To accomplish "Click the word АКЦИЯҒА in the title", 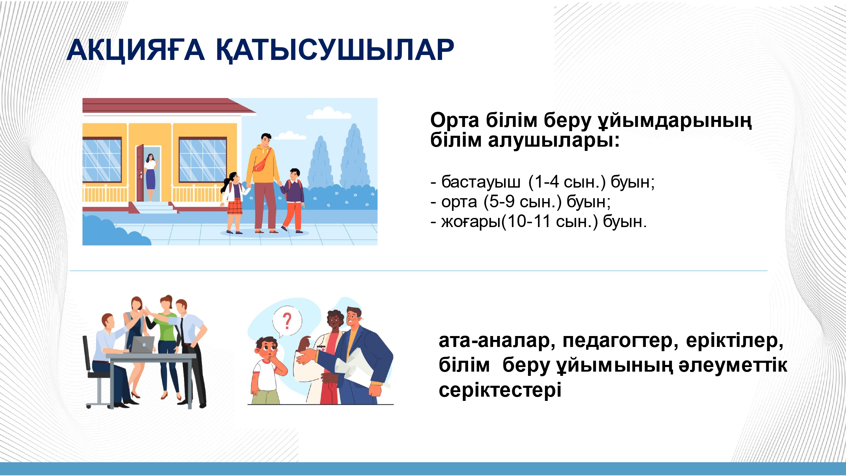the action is click(x=136, y=50).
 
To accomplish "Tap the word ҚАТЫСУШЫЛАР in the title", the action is click(x=335, y=50).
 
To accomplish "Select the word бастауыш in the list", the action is click(x=481, y=182).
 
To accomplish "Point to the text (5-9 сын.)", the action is click(x=522, y=202).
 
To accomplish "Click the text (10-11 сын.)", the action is click(x=550, y=222).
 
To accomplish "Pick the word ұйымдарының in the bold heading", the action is click(x=675, y=121).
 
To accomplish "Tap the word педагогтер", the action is click(x=620, y=341).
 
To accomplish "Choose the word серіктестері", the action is click(x=500, y=390).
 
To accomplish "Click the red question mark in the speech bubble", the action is click(x=287, y=321).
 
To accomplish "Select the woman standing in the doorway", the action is click(x=151, y=177).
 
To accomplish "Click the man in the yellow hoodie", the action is click(x=263, y=183).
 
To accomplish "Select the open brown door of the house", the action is click(x=140, y=173).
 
